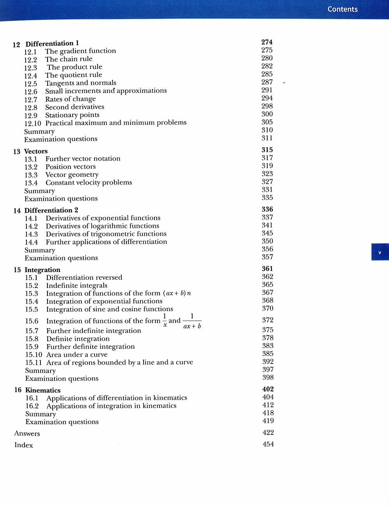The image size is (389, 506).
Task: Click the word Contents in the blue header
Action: click(x=342, y=9)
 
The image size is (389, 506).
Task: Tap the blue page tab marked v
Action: click(x=380, y=252)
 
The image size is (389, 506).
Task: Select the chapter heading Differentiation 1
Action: click(x=52, y=43)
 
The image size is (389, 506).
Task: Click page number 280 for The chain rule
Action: click(x=267, y=58)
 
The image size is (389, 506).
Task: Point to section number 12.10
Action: click(x=32, y=123)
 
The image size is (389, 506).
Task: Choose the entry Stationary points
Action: click(x=72, y=115)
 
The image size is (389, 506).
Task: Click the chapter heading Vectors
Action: click(x=36, y=151)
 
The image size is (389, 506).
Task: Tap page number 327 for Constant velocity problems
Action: click(x=267, y=181)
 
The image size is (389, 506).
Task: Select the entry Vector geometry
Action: click(x=72, y=175)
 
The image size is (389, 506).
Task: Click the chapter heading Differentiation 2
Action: click(x=51, y=210)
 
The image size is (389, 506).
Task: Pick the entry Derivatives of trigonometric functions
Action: click(x=106, y=234)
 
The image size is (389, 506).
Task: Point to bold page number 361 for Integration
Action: click(x=267, y=269)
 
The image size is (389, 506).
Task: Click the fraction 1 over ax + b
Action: click(x=192, y=321)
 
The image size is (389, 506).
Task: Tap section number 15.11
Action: click(x=33, y=362)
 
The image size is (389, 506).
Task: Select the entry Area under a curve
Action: click(x=77, y=355)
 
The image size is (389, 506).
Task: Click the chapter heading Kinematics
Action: click(x=43, y=390)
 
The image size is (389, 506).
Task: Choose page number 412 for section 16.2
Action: click(x=268, y=405)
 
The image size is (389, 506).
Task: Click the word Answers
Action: click(x=27, y=433)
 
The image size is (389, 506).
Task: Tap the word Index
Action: click(x=23, y=445)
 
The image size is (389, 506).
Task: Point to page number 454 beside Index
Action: click(x=268, y=444)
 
